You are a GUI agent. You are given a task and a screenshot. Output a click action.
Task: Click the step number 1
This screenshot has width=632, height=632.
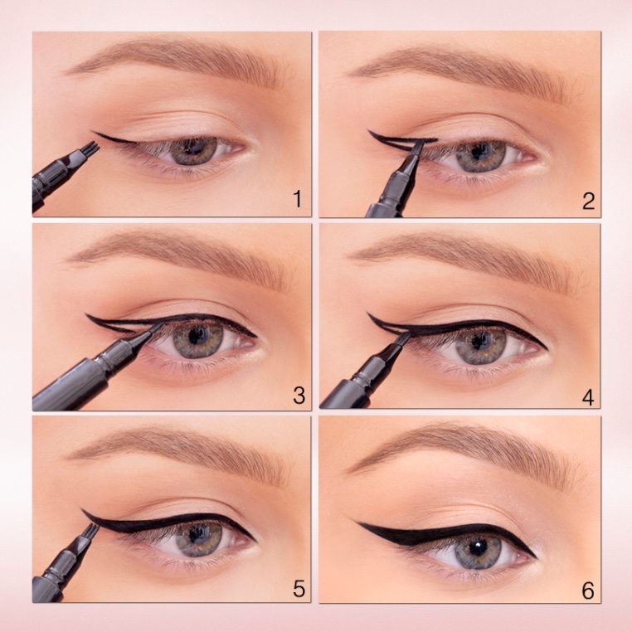(298, 199)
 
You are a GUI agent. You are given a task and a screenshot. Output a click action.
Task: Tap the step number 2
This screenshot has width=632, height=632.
(588, 201)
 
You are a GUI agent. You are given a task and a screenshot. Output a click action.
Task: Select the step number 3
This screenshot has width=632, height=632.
(299, 396)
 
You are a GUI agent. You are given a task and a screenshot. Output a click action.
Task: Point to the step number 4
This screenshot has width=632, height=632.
(588, 398)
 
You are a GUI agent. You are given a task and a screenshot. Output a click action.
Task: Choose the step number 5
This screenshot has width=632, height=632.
(299, 589)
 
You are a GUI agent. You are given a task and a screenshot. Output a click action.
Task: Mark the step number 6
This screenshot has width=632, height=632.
(588, 591)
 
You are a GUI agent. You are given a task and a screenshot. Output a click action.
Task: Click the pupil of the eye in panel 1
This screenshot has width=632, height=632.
(193, 148)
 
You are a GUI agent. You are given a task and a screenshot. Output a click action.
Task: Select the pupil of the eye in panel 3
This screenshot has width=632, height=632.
(197, 336)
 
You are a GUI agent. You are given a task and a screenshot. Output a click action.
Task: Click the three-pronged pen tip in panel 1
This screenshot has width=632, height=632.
(93, 148)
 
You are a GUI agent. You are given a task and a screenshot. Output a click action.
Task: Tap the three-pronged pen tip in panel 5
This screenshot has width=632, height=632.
(93, 530)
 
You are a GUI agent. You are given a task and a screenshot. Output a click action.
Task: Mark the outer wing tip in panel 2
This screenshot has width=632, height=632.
(368, 130)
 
